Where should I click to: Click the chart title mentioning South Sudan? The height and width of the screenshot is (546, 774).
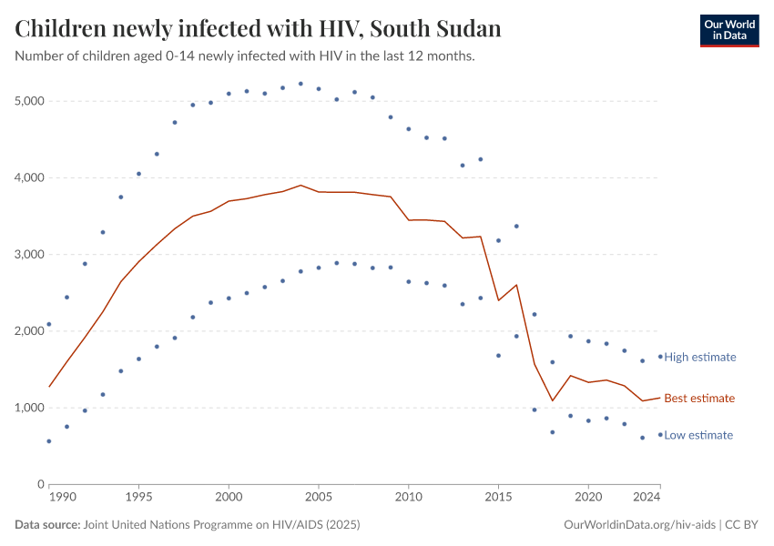pyautogui.click(x=259, y=28)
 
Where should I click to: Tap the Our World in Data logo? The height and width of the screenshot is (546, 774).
pyautogui.click(x=728, y=30)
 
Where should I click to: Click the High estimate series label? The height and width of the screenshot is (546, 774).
pyautogui.click(x=699, y=357)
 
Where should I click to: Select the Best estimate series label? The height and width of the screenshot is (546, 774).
pyautogui.click(x=698, y=398)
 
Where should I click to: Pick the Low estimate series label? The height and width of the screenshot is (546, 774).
pyautogui.click(x=698, y=435)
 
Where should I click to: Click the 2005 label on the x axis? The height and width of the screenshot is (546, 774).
pyautogui.click(x=319, y=499)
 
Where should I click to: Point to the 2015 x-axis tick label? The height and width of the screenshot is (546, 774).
pyautogui.click(x=498, y=499)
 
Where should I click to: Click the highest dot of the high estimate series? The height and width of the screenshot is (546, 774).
pyautogui.click(x=300, y=84)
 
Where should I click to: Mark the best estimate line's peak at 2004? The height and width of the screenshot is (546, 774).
pyautogui.click(x=300, y=185)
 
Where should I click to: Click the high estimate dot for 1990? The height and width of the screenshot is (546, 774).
pyautogui.click(x=49, y=324)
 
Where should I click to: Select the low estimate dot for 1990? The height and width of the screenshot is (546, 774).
pyautogui.click(x=49, y=441)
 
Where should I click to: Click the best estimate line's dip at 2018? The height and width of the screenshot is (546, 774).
pyautogui.click(x=552, y=400)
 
